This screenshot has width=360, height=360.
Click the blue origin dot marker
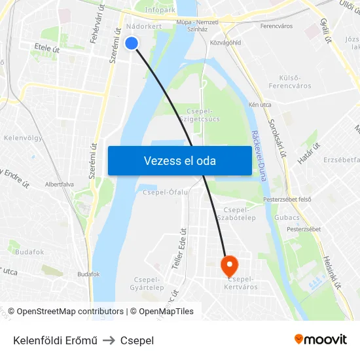coord(132,43)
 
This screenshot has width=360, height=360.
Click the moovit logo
coord(321,339)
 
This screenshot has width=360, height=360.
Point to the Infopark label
coord(160,10)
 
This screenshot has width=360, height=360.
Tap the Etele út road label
coord(46,48)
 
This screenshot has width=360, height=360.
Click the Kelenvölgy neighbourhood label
coord(23,139)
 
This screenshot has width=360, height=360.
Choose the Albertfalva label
coord(60,185)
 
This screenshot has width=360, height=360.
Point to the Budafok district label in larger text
coord(29,251)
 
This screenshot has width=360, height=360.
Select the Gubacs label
coord(287,216)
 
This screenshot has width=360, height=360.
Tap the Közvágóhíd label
coord(226,43)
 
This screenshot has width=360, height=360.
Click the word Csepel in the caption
coord(137,340)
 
